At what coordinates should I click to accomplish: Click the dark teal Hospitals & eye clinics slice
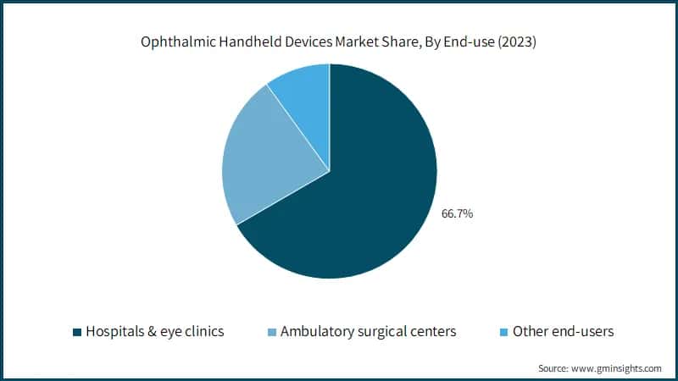(x=373, y=195)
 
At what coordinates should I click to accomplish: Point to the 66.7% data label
(x=457, y=214)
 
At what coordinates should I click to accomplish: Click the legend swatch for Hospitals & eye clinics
(x=78, y=332)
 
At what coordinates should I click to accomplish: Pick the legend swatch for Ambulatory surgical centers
(x=272, y=332)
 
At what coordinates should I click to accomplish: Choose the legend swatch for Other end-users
(x=506, y=332)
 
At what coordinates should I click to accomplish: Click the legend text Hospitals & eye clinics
(x=154, y=332)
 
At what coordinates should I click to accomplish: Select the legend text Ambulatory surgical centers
(x=368, y=332)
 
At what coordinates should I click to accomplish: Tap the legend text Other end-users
(x=564, y=332)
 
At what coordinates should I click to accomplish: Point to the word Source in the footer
(x=555, y=368)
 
